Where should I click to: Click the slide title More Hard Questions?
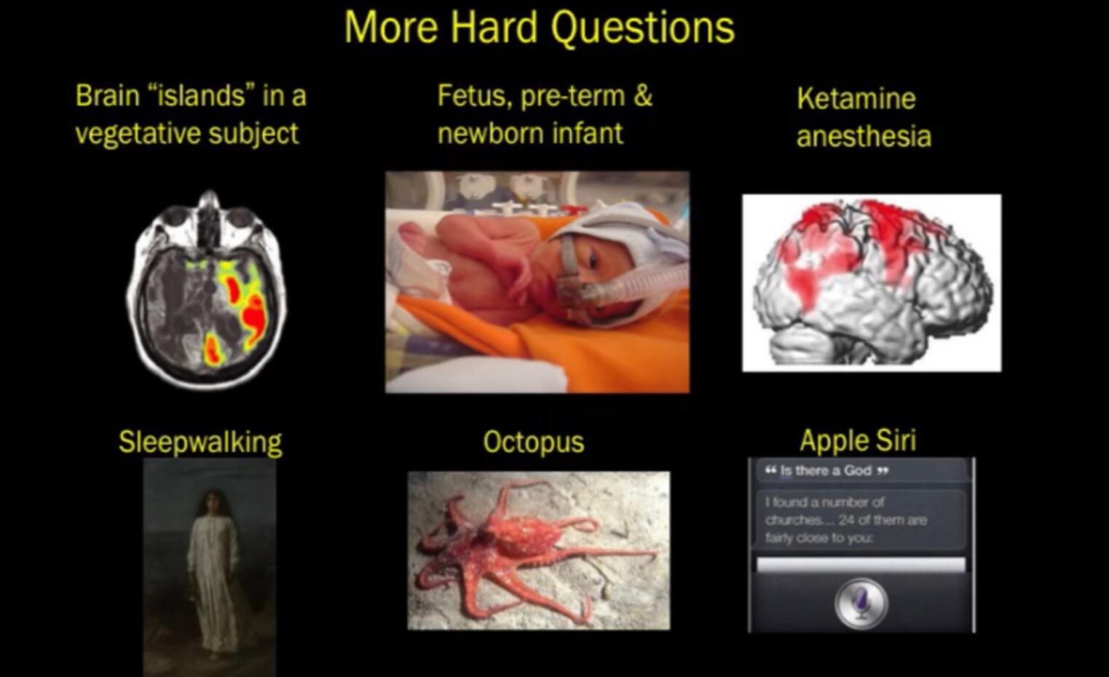pyautogui.click(x=539, y=28)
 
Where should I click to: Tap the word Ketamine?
pyautogui.click(x=856, y=98)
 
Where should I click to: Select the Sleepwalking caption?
pyautogui.click(x=200, y=442)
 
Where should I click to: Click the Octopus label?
pyautogui.click(x=534, y=442)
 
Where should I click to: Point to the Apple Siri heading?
pyautogui.click(x=858, y=440)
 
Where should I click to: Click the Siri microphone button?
pyautogui.click(x=861, y=603)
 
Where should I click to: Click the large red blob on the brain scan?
pyautogui.click(x=255, y=316)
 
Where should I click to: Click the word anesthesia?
pyautogui.click(x=864, y=136)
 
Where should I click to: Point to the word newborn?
pyautogui.click(x=496, y=133)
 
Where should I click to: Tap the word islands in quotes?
pyautogui.click(x=200, y=95)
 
